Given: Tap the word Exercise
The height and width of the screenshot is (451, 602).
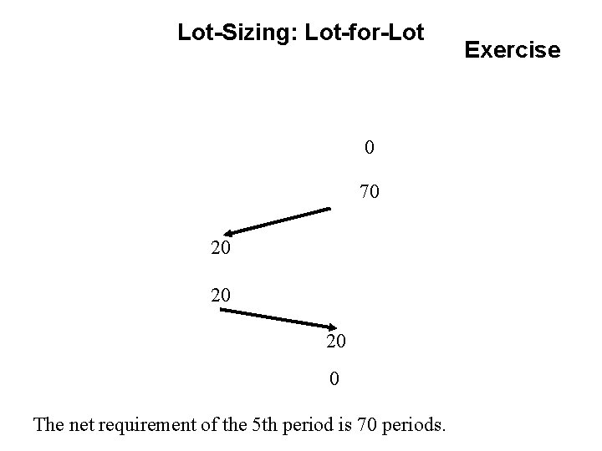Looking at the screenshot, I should [x=513, y=50].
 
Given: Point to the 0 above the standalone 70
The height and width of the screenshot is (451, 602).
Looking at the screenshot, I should [x=369, y=148].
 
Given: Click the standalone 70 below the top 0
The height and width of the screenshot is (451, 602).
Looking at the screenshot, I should [x=369, y=193].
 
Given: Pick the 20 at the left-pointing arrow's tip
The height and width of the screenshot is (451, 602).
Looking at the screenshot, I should [x=222, y=250].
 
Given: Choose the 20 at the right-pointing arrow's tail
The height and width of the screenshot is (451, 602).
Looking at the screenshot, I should [x=222, y=297].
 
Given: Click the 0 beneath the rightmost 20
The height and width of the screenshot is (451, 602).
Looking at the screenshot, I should [x=334, y=380].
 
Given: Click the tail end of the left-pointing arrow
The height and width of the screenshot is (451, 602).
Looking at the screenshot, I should [x=330, y=210].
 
